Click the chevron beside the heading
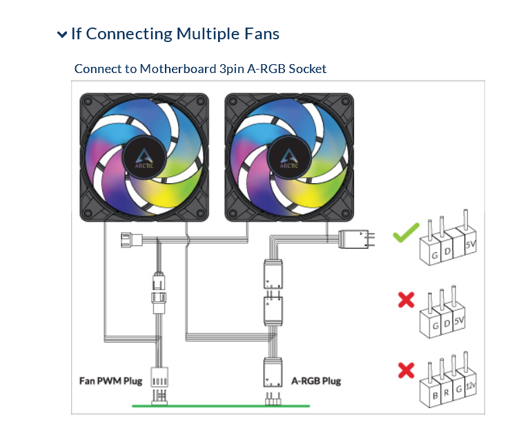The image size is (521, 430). point(62,34)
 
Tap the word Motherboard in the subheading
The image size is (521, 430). point(178,69)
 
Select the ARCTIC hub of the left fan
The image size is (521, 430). point(144,158)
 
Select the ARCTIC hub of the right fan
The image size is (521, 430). point(289,158)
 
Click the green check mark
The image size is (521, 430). point(406,232)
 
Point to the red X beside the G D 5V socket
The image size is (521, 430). point(406,300)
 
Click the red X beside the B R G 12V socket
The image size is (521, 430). point(406,370)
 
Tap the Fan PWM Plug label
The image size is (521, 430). point(110,381)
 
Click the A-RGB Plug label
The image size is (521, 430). point(316,381)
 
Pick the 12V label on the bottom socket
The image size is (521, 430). point(471,386)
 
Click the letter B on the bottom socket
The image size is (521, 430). point(435,396)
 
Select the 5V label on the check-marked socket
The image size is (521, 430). point(471,245)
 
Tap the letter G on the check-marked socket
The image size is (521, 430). point(435,256)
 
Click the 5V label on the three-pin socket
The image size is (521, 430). point(459,320)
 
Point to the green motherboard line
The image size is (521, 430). point(221,406)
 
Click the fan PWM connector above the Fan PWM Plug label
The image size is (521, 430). point(159,377)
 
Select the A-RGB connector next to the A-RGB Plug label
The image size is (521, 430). point(273,372)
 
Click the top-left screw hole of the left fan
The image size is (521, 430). point(88,101)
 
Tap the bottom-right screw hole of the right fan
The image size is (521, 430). point(345,214)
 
